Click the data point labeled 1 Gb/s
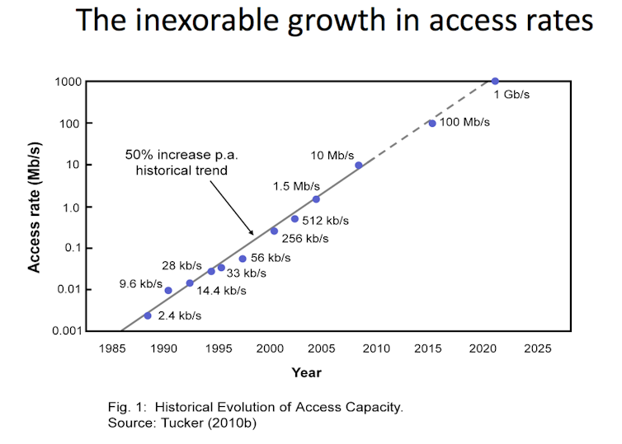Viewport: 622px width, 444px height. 495,81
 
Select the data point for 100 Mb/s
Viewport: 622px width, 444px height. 432,124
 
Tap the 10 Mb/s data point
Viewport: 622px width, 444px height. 358,165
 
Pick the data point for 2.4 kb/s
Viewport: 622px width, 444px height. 148,315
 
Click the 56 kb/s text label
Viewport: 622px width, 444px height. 270,258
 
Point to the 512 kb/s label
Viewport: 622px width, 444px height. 326,220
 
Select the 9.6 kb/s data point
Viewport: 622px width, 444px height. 168,290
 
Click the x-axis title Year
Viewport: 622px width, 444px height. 306,372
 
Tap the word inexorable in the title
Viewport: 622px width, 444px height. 207,21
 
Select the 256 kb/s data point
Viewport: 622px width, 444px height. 274,231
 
